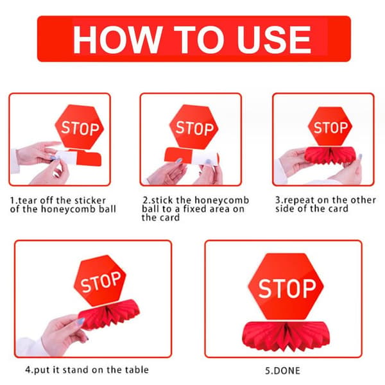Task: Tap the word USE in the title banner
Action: tap(274, 40)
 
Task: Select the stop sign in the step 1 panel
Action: tap(80, 127)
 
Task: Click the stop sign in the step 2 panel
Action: tap(194, 127)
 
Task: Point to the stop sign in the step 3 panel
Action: tap(330, 126)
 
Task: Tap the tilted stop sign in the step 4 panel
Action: tap(100, 280)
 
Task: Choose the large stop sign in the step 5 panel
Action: tap(286, 287)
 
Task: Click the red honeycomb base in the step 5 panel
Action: tap(286, 336)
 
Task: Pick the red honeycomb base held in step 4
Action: tap(109, 315)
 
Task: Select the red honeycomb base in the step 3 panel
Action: tap(330, 155)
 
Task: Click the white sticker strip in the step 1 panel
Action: tap(66, 157)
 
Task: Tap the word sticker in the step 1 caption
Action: tap(90, 200)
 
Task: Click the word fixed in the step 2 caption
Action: tap(195, 209)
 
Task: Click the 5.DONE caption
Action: tap(282, 370)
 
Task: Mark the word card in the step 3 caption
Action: tap(339, 209)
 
